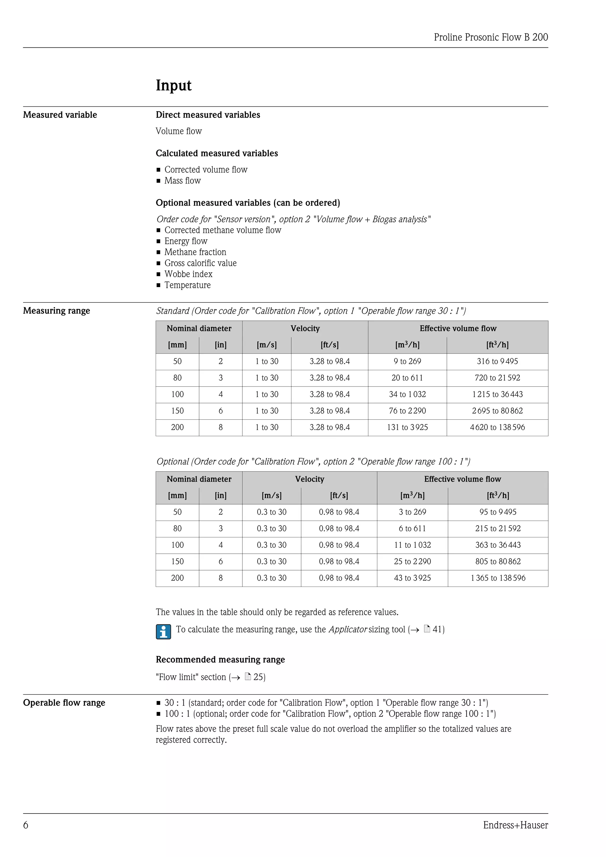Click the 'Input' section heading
tap(173, 86)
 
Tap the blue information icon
tap(163, 632)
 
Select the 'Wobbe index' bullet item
tap(188, 274)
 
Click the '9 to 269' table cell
tap(407, 361)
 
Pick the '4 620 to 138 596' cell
tap(497, 427)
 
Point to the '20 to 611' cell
tap(407, 378)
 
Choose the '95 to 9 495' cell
tap(498, 512)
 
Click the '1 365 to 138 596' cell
tap(498, 578)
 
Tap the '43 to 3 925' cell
tap(412, 578)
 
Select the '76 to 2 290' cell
tap(407, 411)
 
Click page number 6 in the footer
tap(26, 825)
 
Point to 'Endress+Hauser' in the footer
tap(515, 825)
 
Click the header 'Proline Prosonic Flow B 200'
tap(491, 37)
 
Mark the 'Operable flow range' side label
tap(64, 703)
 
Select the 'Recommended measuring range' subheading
tap(220, 660)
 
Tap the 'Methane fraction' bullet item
tap(195, 252)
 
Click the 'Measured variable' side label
tap(60, 115)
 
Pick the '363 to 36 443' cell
tap(498, 545)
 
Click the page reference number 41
tap(437, 629)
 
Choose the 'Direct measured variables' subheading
tap(208, 115)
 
